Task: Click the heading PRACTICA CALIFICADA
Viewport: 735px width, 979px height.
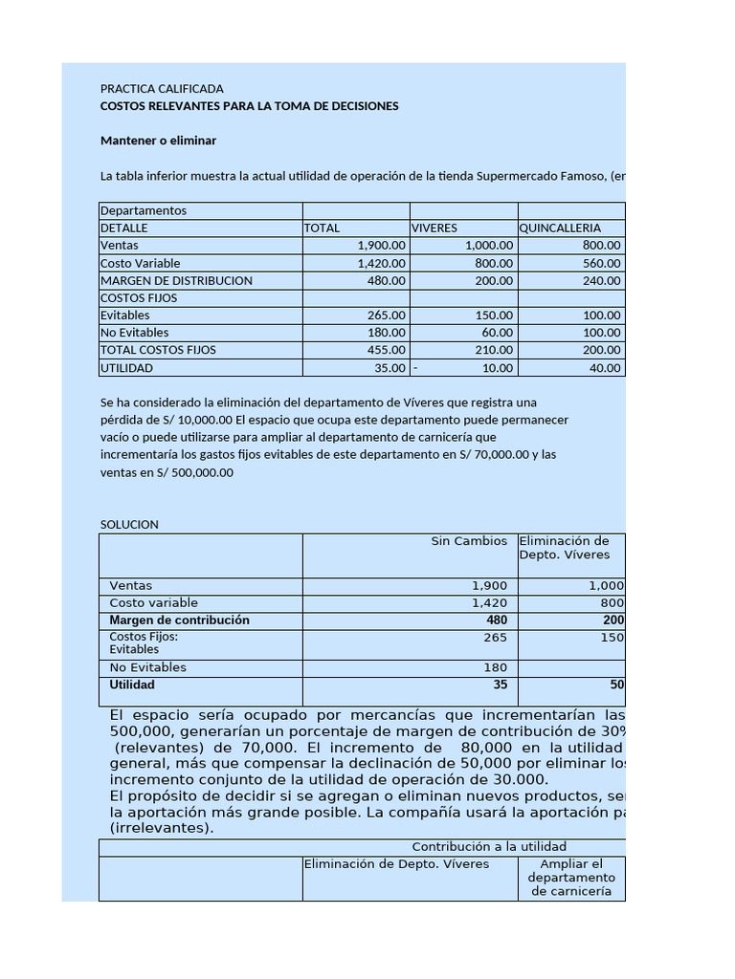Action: point(162,89)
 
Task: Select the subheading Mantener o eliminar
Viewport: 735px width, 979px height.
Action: point(158,141)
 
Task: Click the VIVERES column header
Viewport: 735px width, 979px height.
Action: point(434,228)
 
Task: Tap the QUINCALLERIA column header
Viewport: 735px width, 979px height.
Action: point(560,228)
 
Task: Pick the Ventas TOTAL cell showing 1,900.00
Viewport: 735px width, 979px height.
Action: point(381,246)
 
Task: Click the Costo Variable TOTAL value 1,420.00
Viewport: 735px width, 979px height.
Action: point(381,263)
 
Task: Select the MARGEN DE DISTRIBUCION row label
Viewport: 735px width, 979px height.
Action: point(176,280)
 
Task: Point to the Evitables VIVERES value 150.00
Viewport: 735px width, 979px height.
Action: point(494,315)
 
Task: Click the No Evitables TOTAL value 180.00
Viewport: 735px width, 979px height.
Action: point(387,333)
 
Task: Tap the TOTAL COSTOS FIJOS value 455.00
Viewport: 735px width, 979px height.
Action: point(387,350)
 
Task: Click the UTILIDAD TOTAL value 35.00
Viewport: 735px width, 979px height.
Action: point(390,368)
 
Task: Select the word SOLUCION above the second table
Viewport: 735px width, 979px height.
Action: point(129,525)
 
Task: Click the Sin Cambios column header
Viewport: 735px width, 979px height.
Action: point(469,541)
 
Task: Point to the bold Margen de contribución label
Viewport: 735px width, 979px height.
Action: point(179,620)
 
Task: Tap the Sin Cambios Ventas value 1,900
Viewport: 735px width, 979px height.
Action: point(489,586)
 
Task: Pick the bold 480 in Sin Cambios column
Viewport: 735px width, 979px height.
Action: point(497,620)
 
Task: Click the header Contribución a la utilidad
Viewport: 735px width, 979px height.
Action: point(489,847)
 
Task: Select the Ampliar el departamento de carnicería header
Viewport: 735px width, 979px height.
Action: point(571,878)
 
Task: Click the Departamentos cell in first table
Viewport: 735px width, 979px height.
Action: point(144,211)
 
